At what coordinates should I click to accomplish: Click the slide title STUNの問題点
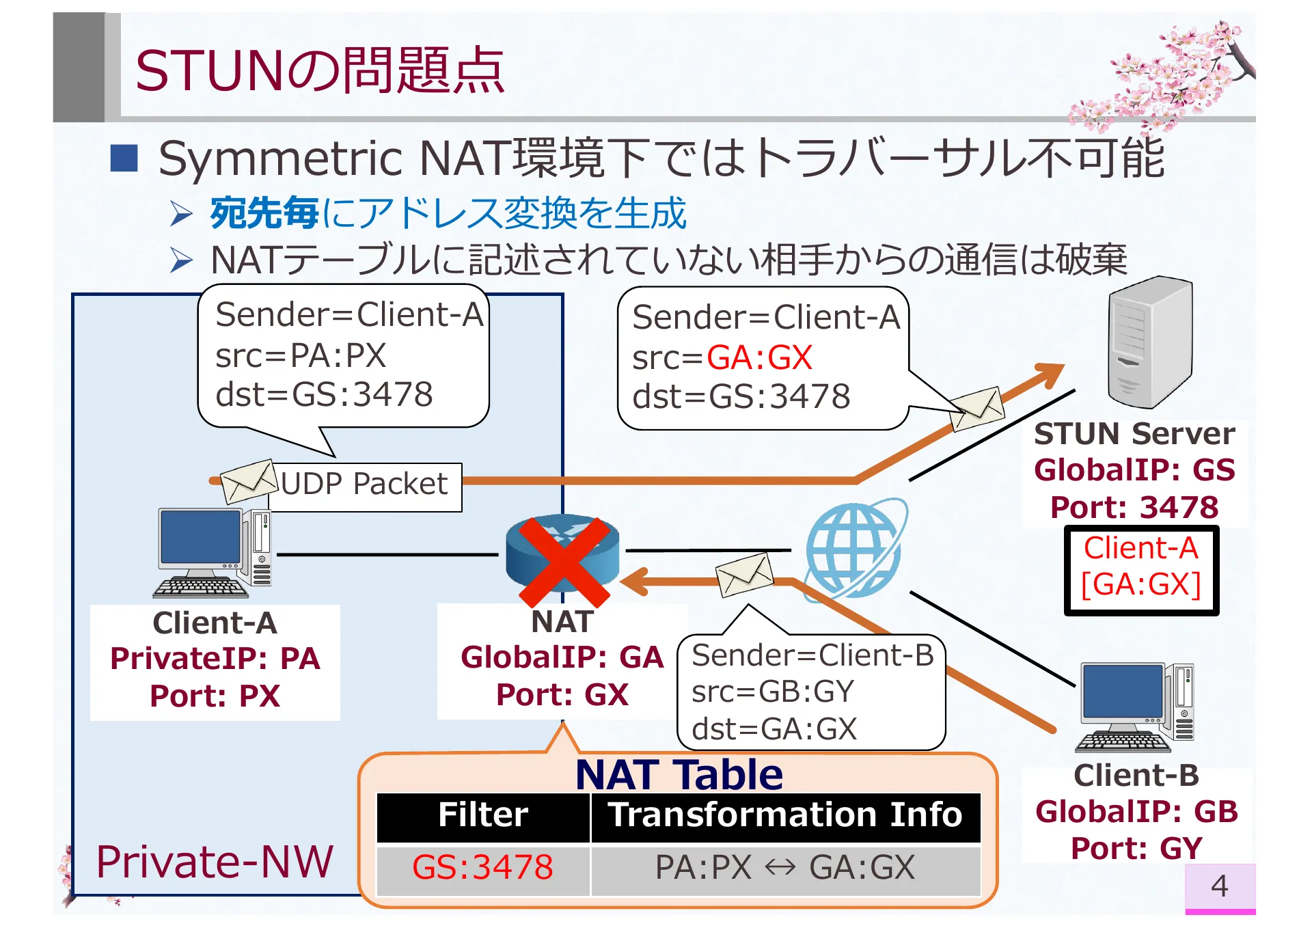click(x=319, y=70)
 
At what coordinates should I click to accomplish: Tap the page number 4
click(x=1219, y=886)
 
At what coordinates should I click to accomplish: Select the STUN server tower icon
click(x=1149, y=342)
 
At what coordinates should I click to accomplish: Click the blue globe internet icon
click(x=854, y=550)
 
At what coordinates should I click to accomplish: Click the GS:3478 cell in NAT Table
click(x=482, y=868)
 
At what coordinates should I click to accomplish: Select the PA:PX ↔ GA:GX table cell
click(x=784, y=868)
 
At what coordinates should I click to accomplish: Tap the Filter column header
click(x=482, y=815)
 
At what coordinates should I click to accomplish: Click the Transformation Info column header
click(x=784, y=815)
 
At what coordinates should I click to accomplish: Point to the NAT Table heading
click(x=679, y=774)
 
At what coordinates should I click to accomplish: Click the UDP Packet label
click(x=364, y=485)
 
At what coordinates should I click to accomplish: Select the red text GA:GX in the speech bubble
click(x=758, y=358)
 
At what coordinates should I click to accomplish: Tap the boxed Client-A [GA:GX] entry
click(x=1140, y=567)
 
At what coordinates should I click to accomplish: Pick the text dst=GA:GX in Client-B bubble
click(x=774, y=729)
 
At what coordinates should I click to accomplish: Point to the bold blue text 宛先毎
click(x=264, y=213)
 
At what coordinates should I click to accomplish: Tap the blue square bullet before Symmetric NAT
click(x=124, y=158)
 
